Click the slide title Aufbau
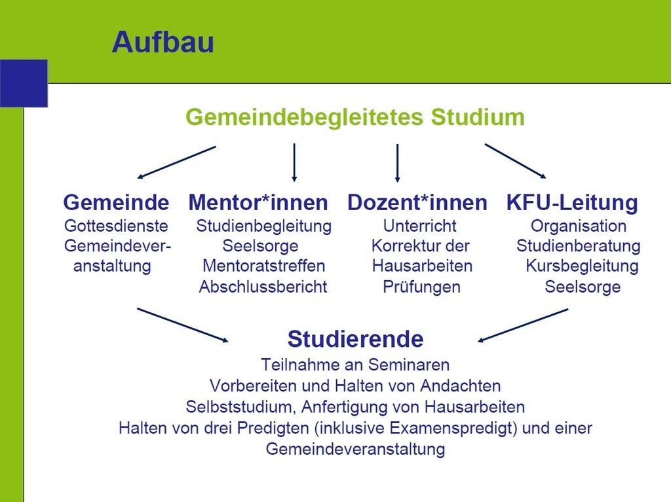tap(163, 42)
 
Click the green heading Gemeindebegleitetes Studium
tap(355, 117)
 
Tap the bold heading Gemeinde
tap(116, 202)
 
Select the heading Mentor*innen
tap(258, 202)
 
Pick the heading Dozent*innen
tap(417, 202)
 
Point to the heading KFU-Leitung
tap(572, 202)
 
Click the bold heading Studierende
tap(356, 338)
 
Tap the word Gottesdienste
tap(116, 226)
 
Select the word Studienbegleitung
tap(263, 226)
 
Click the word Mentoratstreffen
tap(263, 266)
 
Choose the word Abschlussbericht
tap(263, 287)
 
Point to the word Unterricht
tap(420, 226)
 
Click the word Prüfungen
tap(421, 287)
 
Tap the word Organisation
tap(579, 226)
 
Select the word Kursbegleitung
tap(582, 266)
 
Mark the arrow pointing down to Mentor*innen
tap(294, 162)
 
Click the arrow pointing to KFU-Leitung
tap(515, 161)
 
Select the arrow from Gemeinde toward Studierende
tap(183, 325)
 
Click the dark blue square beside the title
tap(24, 83)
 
